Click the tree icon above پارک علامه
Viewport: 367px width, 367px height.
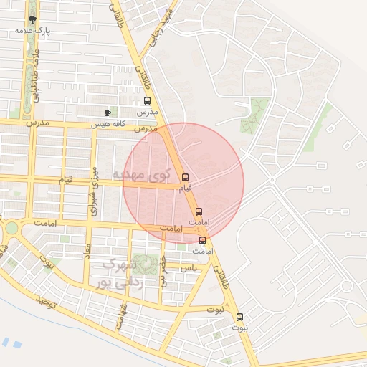pyautogui.click(x=32, y=20)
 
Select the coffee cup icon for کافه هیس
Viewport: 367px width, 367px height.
pyautogui.click(x=108, y=113)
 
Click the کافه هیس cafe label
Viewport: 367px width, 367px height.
pyautogui.click(x=108, y=123)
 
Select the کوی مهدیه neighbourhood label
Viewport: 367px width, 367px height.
pyautogui.click(x=143, y=173)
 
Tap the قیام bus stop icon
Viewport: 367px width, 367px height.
pyautogui.click(x=186, y=177)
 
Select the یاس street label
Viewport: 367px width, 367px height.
pyautogui.click(x=189, y=267)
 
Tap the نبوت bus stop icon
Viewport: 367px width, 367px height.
pyautogui.click(x=239, y=316)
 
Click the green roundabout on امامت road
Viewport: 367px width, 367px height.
pyautogui.click(x=11, y=228)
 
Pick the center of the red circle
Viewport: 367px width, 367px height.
pyautogui.click(x=183, y=182)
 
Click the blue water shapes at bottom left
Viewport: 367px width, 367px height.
pyautogui.click(x=11, y=343)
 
